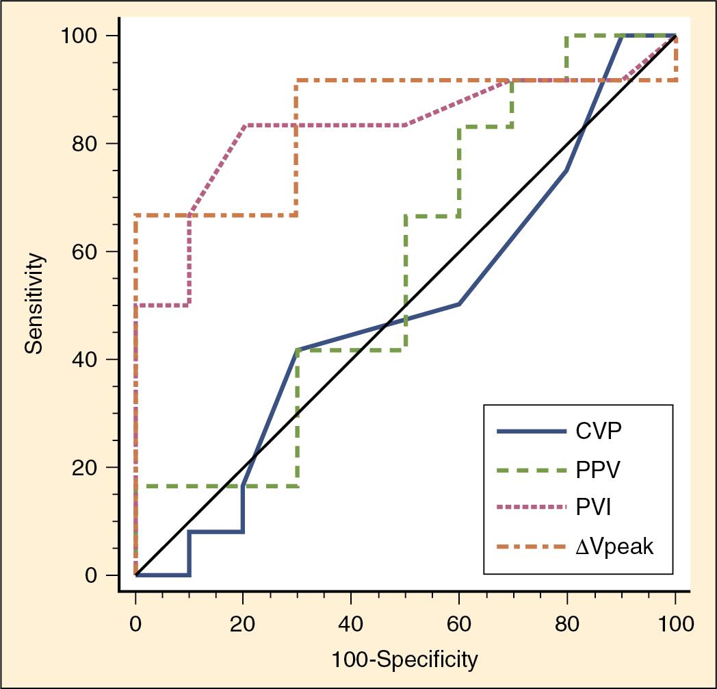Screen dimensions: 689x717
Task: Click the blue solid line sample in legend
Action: (x=532, y=432)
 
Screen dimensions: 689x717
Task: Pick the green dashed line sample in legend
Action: (x=532, y=471)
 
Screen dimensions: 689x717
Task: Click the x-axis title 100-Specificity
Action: (x=404, y=660)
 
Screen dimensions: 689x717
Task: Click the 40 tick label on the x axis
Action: (x=351, y=623)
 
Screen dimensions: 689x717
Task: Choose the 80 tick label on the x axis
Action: (x=566, y=623)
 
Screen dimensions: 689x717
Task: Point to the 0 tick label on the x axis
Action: (x=135, y=623)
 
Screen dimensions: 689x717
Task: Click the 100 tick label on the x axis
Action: (x=675, y=623)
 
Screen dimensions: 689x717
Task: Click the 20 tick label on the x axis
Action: (x=243, y=623)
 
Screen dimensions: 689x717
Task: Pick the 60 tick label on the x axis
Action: (x=458, y=623)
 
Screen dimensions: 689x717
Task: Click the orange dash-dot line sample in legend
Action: (x=532, y=547)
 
